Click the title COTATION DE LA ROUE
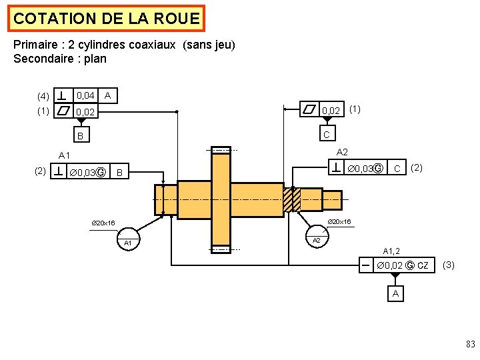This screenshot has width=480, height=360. [107, 19]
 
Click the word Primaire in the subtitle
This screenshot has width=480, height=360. [34, 45]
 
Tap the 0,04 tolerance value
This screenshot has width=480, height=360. [85, 97]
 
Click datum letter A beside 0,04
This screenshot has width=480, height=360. [108, 97]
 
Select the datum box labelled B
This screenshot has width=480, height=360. [80, 136]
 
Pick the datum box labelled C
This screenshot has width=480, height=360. [327, 135]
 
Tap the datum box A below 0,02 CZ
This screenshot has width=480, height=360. [396, 293]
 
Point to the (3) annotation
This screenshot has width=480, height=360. [449, 265]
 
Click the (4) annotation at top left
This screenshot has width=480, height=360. [43, 97]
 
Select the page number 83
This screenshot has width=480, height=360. [469, 344]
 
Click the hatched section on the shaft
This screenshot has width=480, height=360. [292, 199]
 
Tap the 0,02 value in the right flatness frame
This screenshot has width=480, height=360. [331, 110]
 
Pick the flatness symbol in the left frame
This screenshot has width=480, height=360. [63, 111]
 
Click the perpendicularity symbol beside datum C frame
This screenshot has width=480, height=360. [339, 167]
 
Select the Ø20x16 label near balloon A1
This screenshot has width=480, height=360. [103, 223]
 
